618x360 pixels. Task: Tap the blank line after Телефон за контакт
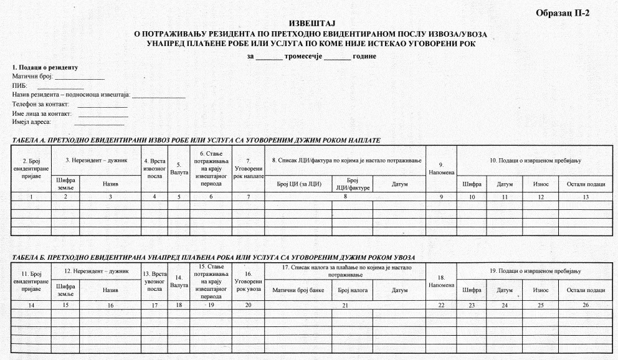103,105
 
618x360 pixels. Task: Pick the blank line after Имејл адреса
99,123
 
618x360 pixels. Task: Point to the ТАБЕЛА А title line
196,141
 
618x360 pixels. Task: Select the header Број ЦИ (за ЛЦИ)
298,184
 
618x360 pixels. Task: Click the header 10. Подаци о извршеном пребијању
535,161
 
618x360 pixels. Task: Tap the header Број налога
352,290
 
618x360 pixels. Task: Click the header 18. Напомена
442,282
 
